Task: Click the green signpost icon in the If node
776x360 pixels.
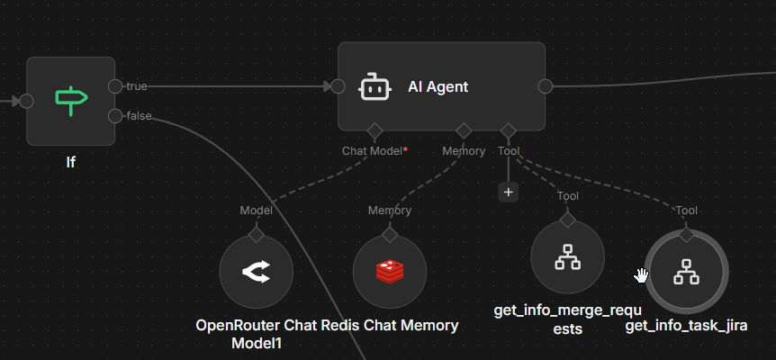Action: point(70,100)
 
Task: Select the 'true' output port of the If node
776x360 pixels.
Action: point(115,86)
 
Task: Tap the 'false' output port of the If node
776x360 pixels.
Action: point(115,115)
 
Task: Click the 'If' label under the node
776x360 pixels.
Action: point(70,163)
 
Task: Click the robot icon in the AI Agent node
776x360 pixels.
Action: point(374,87)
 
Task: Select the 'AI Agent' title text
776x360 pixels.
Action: point(438,87)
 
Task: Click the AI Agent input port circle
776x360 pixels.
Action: point(338,86)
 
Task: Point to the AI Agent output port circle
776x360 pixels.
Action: point(546,86)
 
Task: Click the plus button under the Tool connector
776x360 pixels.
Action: point(509,192)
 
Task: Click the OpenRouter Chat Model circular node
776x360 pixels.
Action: point(257,272)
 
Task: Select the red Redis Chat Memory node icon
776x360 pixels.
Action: point(389,272)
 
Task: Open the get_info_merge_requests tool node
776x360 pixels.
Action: point(567,257)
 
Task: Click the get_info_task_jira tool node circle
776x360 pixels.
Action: point(687,271)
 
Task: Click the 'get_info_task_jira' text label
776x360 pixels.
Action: point(687,326)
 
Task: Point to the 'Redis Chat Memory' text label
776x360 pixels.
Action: point(390,326)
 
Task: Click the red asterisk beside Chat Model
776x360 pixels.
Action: point(405,149)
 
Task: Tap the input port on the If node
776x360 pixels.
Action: point(27,101)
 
